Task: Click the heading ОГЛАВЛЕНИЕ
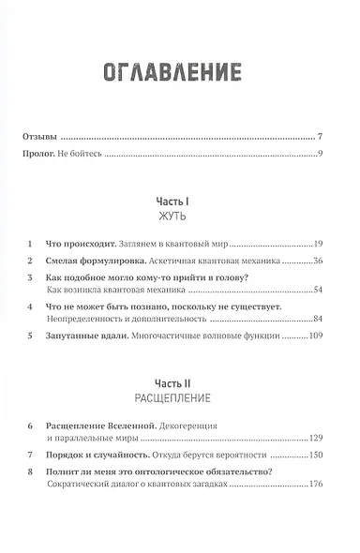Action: tap(180, 72)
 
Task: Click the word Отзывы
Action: tap(38, 136)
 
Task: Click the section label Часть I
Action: tap(179, 201)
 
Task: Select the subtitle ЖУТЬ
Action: tap(179, 216)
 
